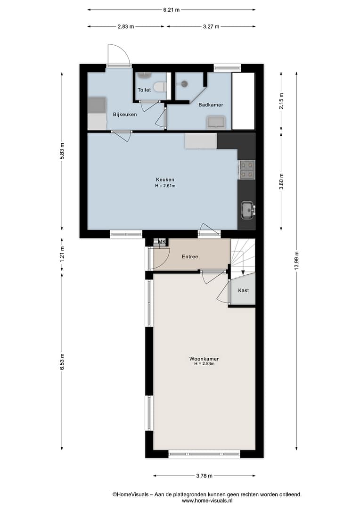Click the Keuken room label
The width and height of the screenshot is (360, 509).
coord(165,180)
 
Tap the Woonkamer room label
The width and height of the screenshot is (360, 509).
coord(204,359)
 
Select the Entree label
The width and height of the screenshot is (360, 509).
coord(190,256)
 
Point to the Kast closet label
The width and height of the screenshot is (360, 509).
coord(244,290)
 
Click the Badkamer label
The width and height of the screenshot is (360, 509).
coord(211,105)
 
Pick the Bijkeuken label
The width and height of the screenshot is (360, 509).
coord(125,115)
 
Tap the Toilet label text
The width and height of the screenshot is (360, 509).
coord(144,90)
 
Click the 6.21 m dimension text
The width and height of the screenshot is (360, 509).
coord(172,10)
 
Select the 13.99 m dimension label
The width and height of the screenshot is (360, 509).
coord(296,261)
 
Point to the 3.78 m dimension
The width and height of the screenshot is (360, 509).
coord(204,476)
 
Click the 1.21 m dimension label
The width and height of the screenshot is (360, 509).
coord(62,254)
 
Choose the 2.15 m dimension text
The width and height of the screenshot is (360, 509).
coord(281,101)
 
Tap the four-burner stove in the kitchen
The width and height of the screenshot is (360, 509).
coord(247,170)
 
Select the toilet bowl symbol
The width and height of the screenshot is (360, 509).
coord(160,87)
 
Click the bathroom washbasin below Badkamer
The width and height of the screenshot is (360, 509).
coord(216,123)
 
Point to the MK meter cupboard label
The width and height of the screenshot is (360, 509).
coord(162,242)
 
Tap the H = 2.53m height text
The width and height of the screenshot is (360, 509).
coord(204,364)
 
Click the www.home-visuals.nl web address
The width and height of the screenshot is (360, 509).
coord(207,501)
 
